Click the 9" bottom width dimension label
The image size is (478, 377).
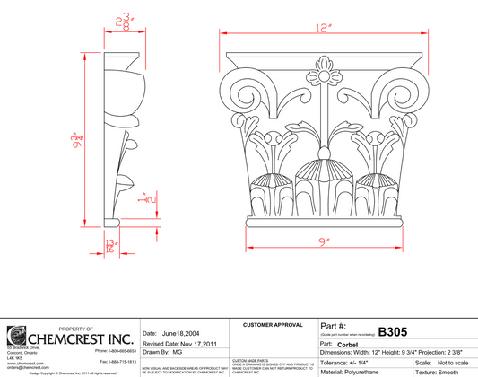[321, 241]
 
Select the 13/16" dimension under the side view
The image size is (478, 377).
[112, 245]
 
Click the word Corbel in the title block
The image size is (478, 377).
[348, 344]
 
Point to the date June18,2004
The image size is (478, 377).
[182, 332]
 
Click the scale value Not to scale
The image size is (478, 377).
[455, 362]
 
